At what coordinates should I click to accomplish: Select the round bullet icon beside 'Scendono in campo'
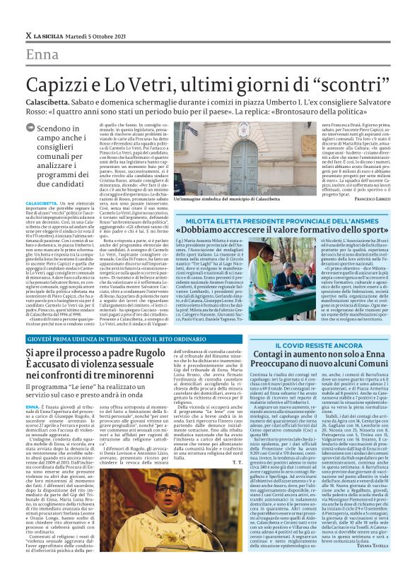pos(30,130)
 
